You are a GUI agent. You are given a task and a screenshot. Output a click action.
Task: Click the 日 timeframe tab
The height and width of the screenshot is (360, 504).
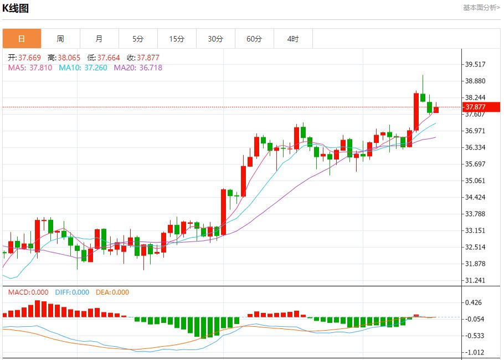pos(22,39)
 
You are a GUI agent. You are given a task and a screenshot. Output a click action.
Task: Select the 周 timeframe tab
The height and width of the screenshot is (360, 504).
pos(60,39)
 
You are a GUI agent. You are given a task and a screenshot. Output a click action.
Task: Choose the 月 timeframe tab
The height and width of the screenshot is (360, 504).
pos(99,39)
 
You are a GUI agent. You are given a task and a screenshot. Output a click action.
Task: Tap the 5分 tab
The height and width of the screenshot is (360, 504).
pos(138,39)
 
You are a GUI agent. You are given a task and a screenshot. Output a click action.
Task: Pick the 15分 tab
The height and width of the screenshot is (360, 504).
pos(177,39)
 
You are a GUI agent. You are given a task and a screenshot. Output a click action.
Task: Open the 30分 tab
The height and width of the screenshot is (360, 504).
pos(215,39)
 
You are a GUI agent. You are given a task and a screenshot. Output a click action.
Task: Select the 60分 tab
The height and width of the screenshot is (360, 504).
pos(254,39)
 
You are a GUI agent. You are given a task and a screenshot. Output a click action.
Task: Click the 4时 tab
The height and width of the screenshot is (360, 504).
pos(293,39)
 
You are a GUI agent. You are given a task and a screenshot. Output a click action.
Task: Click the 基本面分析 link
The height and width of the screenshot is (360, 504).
pos(481,7)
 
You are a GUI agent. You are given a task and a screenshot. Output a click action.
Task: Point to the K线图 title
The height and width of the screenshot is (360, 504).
pos(16,8)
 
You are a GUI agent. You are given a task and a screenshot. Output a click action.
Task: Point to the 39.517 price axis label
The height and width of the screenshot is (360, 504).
pos(475,64)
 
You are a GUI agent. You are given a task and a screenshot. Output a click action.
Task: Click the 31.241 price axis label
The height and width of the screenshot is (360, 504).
pos(475,280)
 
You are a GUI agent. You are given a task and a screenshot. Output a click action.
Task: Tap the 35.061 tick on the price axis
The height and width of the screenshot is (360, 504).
pos(475,181)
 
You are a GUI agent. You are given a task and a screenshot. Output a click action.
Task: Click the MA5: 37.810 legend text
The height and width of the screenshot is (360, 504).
pos(30,68)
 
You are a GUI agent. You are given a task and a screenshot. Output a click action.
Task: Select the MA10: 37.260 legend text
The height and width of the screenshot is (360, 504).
pos(83,68)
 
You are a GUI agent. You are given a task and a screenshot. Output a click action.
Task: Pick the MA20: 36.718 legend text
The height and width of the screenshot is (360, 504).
pos(138,68)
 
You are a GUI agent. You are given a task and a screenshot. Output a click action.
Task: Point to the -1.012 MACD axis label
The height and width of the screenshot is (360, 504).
pos(475,352)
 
